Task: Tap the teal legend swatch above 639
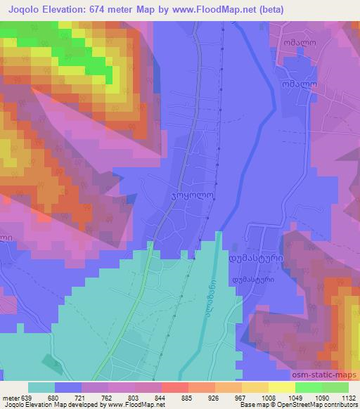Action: point(41,387)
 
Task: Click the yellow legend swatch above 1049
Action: point(282,387)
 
